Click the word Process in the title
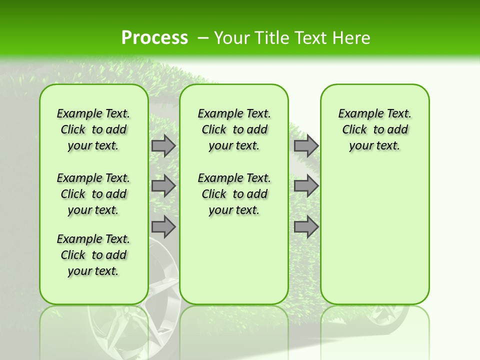154,38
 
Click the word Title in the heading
270,38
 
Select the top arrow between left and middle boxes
163,146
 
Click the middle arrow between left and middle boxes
163,186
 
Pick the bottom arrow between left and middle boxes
163,227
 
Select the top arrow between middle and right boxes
306,146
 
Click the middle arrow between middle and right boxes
306,186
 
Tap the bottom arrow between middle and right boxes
306,227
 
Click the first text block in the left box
93,129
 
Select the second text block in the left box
93,194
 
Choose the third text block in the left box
93,255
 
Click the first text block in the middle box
234,129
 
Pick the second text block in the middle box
234,194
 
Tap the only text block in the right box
374,129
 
